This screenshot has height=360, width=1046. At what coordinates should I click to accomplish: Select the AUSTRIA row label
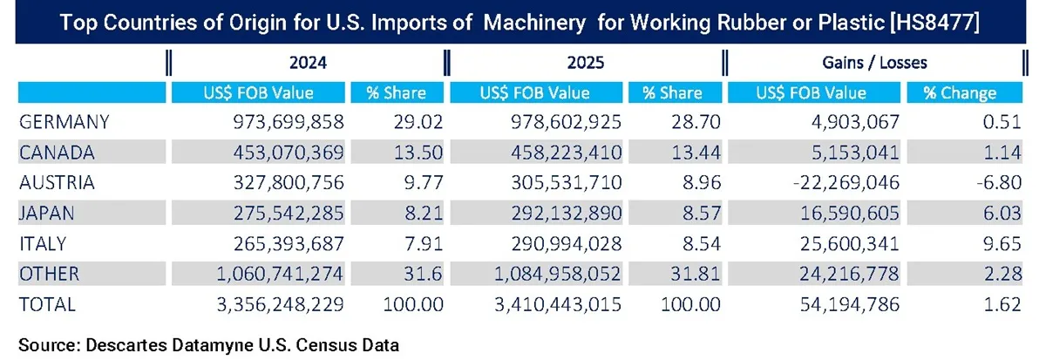coord(57,183)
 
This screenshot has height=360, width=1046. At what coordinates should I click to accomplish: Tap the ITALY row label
coord(44,243)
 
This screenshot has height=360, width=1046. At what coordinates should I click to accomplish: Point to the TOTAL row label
coord(47,304)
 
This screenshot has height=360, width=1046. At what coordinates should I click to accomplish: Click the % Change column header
coord(963,92)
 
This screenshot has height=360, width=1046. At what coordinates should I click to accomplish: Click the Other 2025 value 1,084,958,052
coord(546,274)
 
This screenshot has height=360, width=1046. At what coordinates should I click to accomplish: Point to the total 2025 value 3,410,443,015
coord(546,304)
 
